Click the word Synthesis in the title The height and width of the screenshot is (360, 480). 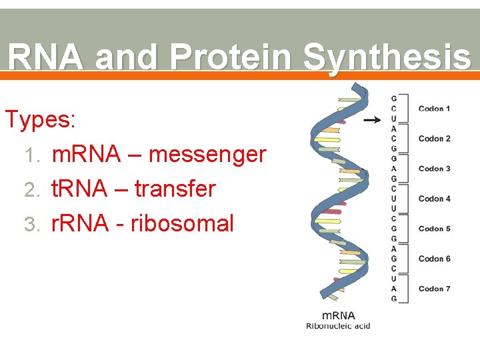[386, 57]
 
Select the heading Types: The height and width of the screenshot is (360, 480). [40, 120]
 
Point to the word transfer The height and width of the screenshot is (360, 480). [175, 189]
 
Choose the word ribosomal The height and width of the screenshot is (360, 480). [182, 223]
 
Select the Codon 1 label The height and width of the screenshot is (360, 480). [434, 109]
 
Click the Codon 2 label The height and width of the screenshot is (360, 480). [434, 139]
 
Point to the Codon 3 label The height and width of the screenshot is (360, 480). [434, 169]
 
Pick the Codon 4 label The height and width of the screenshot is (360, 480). [434, 199]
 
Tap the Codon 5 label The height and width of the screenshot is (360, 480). [434, 229]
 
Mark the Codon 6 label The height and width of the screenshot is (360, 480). [434, 259]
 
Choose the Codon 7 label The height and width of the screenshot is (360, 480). [434, 289]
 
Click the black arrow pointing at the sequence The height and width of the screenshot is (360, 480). [372, 120]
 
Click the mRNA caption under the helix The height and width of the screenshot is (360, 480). [338, 315]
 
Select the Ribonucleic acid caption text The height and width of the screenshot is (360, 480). [338, 326]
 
